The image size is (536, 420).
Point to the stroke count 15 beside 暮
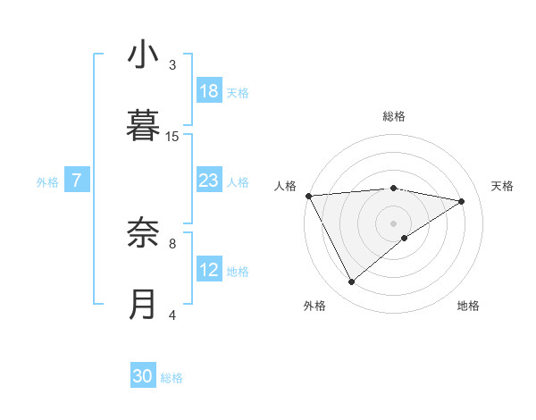pos(172,136)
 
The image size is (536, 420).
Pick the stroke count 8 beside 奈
pos(172,242)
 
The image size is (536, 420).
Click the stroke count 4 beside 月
pos(172,315)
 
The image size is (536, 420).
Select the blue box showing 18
pos(209,91)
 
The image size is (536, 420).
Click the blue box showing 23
pos(209,181)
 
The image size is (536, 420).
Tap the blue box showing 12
pos(209,270)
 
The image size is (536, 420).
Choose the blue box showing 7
pos(77,181)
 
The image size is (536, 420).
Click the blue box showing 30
pos(143,376)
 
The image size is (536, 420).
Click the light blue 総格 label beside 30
pos(172,378)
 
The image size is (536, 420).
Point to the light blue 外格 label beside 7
pos(47,182)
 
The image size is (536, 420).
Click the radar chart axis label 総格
pos(394,116)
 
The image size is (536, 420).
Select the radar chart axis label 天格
pos(502,186)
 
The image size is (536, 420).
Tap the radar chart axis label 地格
pos(468,306)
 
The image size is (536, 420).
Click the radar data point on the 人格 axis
pos(308,196)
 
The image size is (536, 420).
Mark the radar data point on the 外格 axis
pos(351,282)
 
